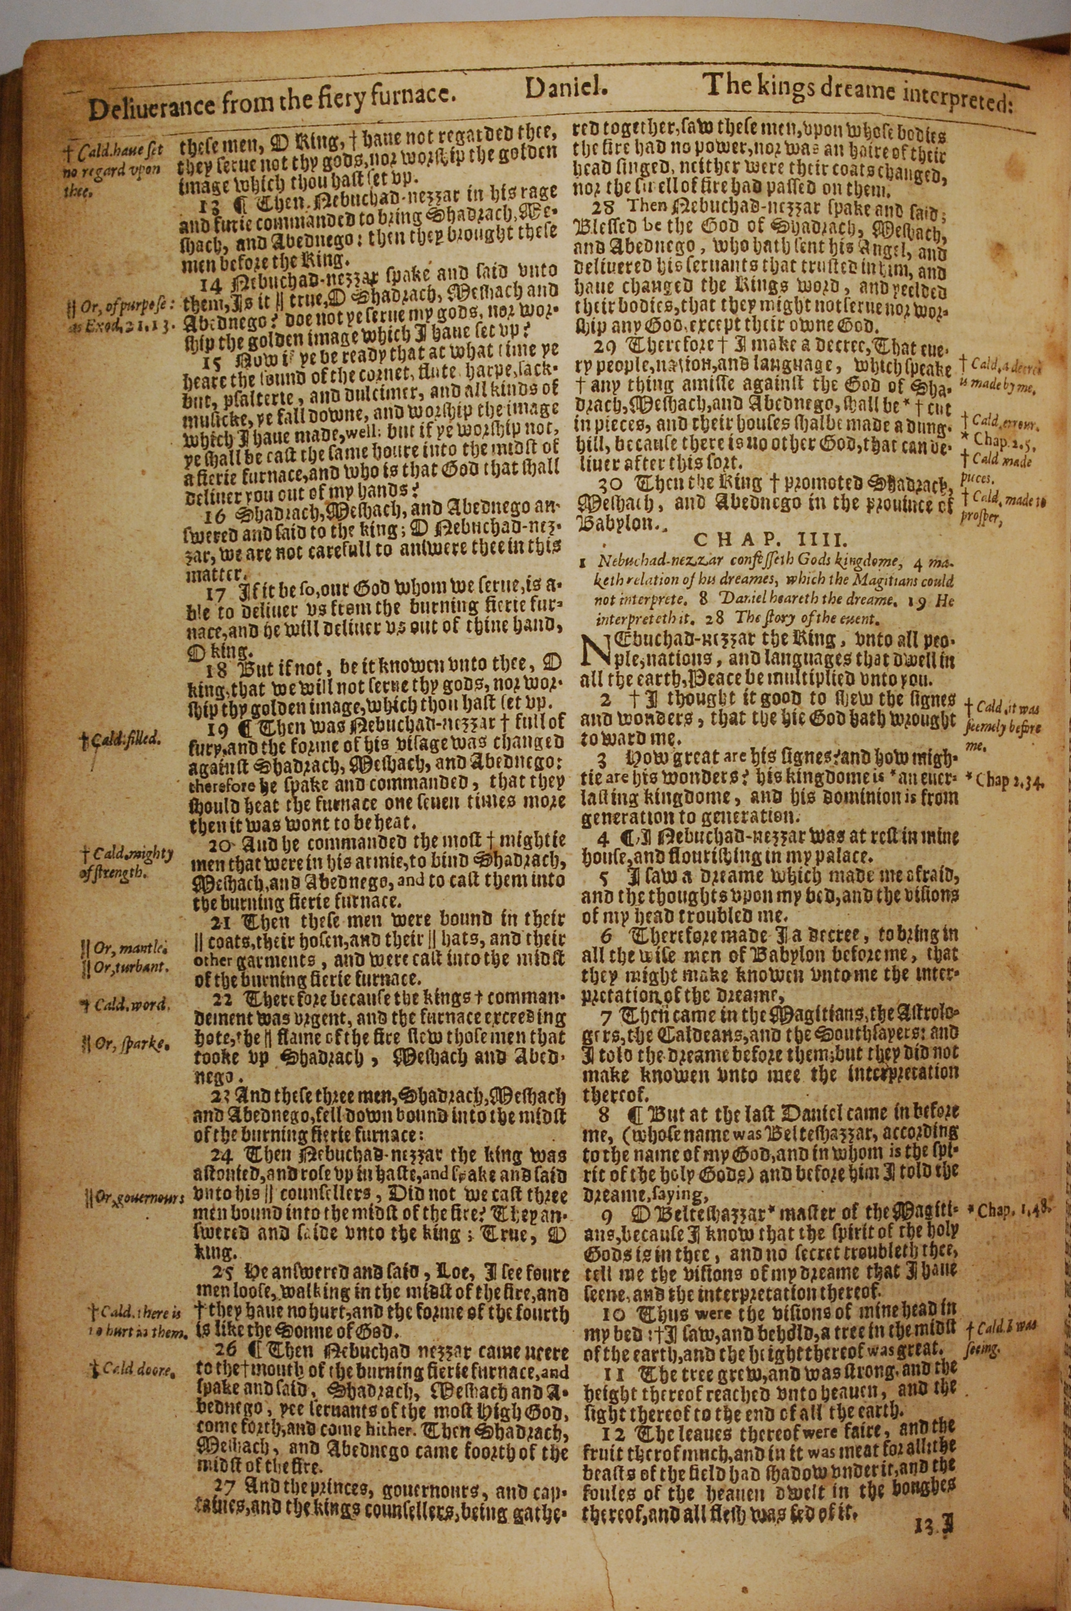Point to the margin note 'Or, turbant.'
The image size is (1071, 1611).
(123, 968)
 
